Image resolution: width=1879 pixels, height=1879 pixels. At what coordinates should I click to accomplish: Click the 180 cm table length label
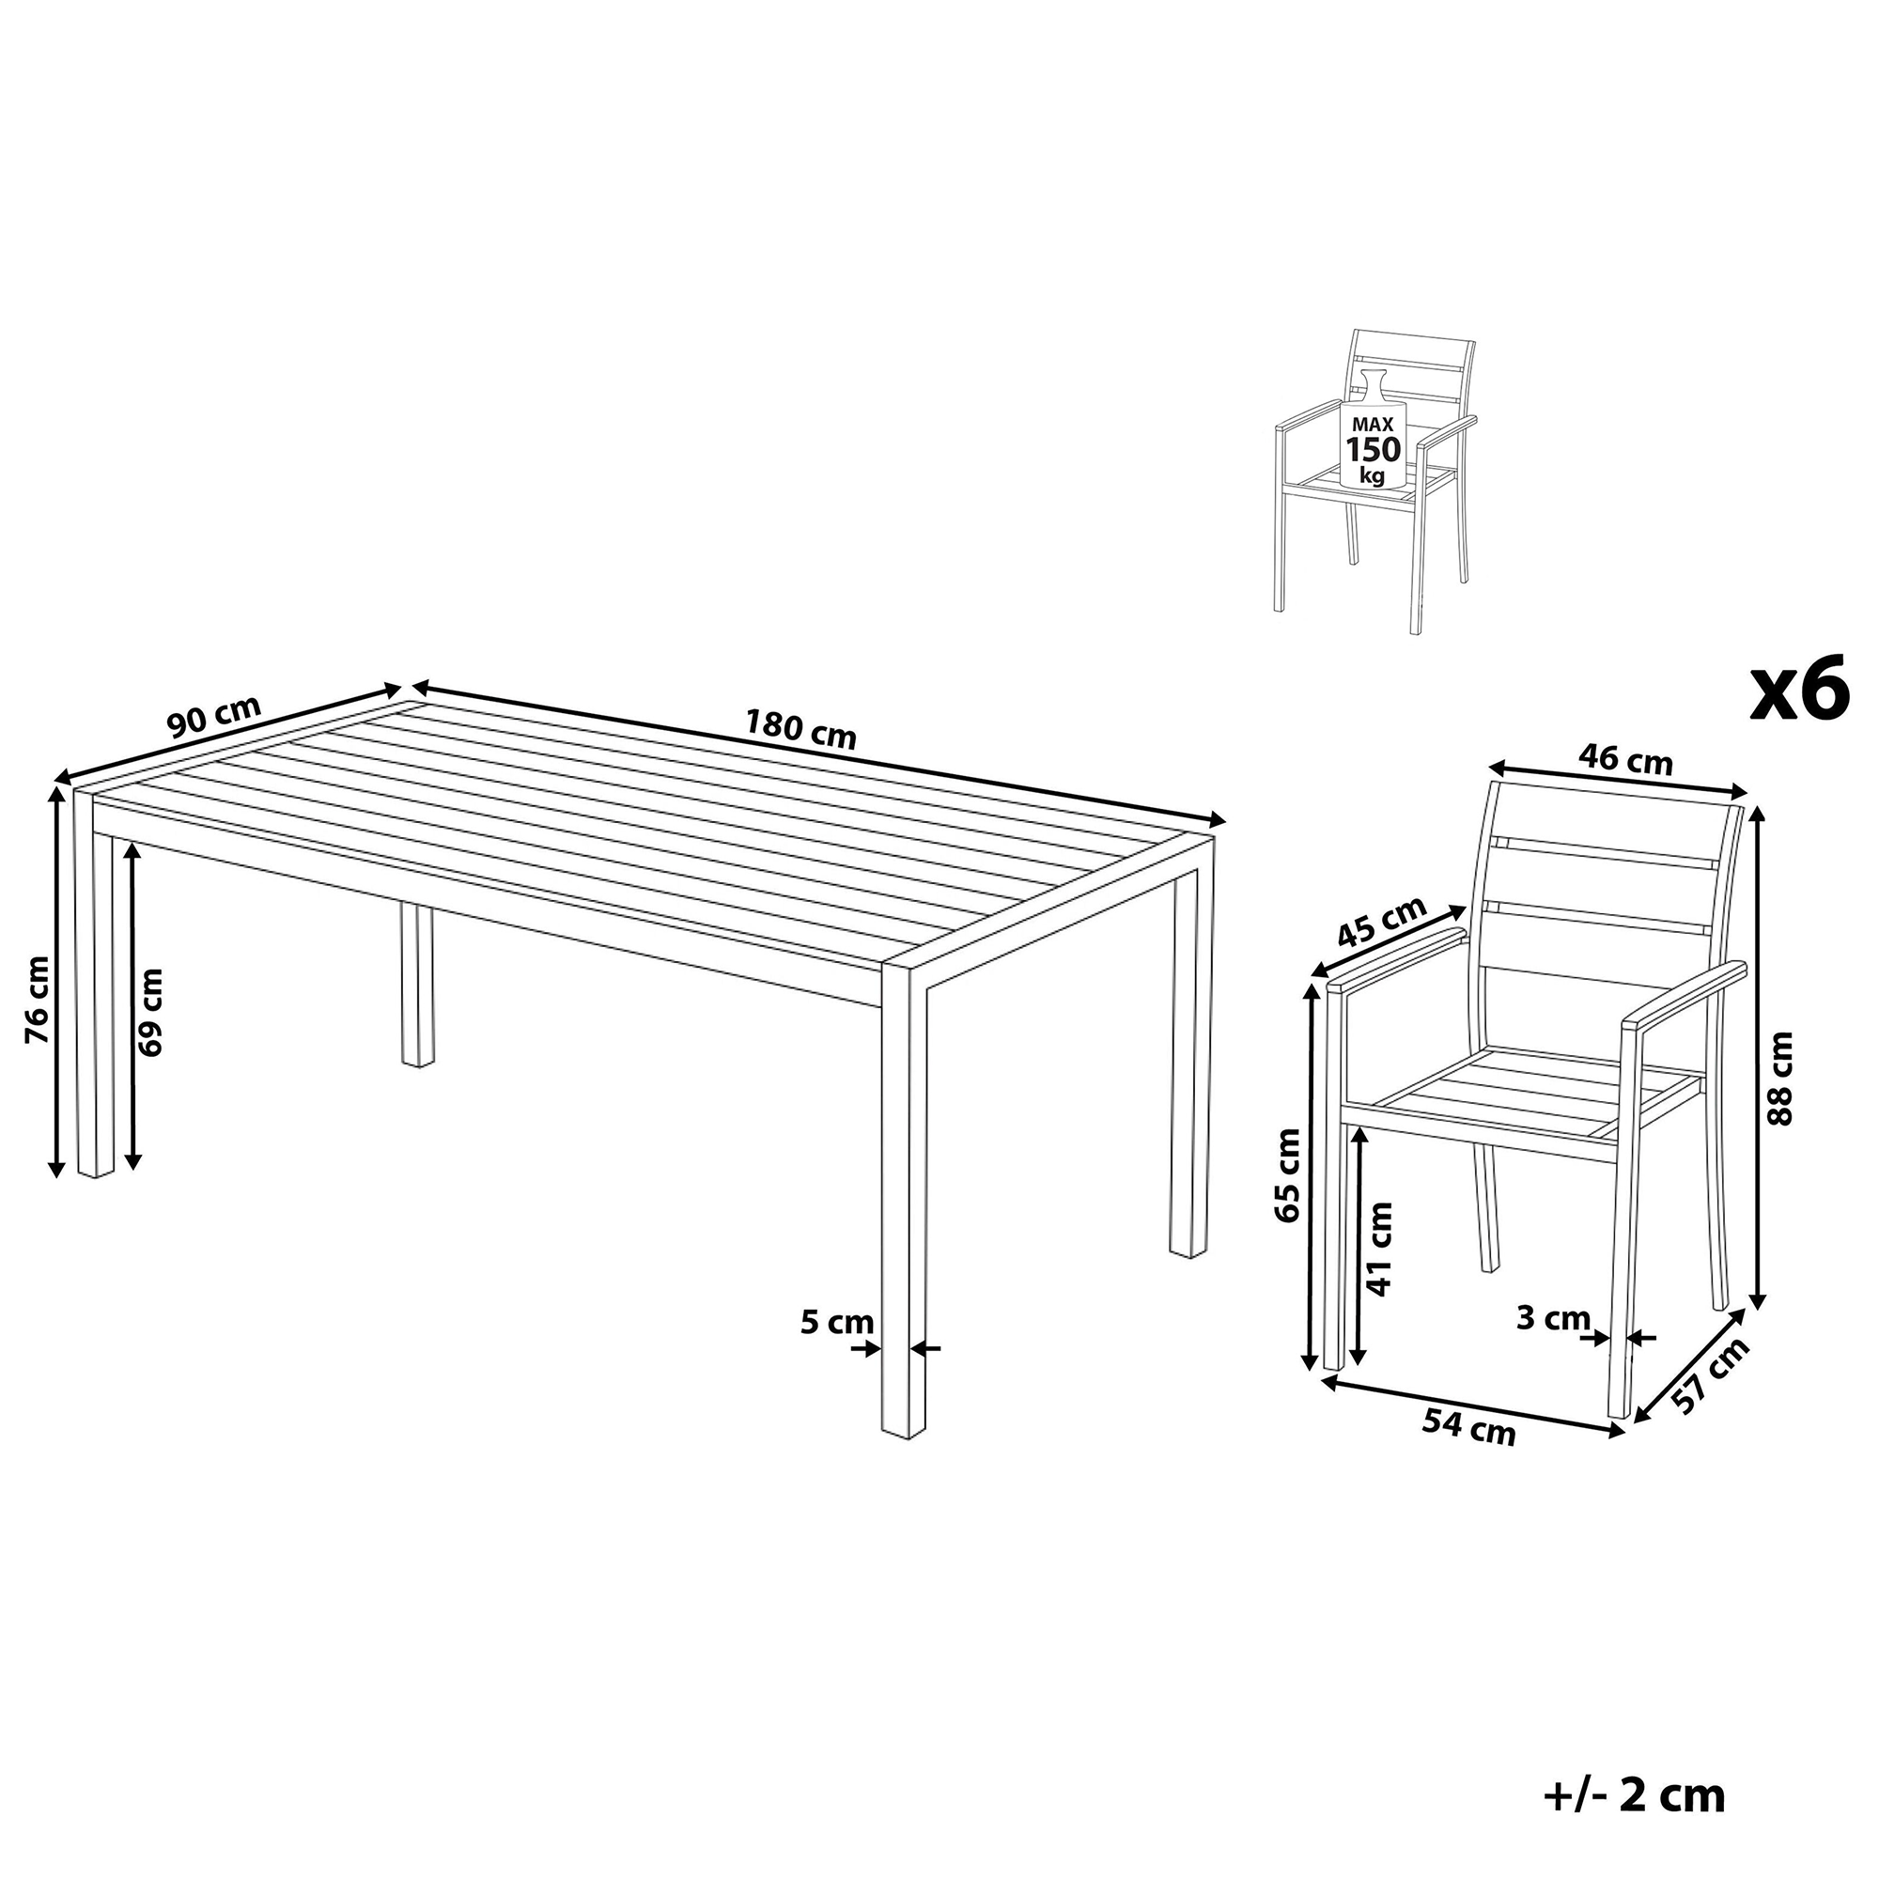coord(800,728)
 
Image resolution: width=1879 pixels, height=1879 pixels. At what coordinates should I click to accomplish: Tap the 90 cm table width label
coord(214,717)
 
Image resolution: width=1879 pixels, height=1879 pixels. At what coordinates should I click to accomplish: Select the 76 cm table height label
coord(37,1000)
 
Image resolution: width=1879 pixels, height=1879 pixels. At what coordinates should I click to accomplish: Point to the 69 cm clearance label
coord(150,1012)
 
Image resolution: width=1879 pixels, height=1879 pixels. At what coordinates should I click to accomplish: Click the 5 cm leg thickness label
coord(836,1322)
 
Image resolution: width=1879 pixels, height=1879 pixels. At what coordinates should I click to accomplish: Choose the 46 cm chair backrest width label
coord(1625,759)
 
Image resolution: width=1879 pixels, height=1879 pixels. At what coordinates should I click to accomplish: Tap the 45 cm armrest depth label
coord(1382,921)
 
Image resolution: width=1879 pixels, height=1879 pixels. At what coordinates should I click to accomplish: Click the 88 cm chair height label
coord(1778,1078)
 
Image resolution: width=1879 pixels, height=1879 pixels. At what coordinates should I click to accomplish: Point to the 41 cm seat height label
coord(1379,1249)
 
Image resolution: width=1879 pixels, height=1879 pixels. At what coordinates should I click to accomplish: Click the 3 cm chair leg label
coord(1553,1318)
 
